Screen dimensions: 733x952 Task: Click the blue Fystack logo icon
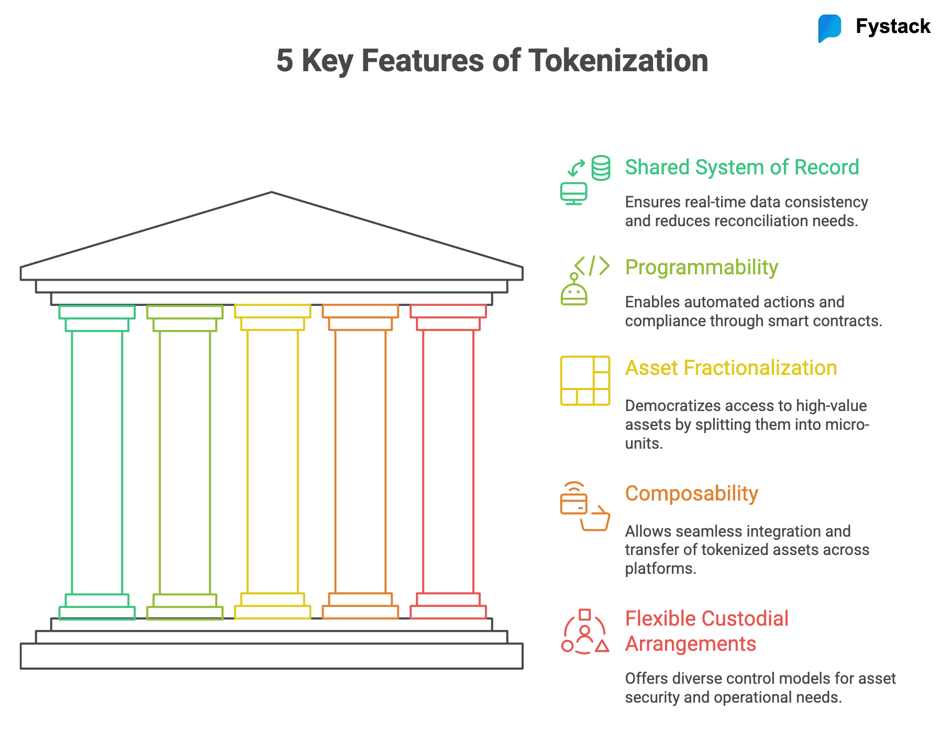pos(829,28)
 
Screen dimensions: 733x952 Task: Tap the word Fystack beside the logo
pos(893,26)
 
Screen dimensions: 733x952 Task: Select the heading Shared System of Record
pos(741,168)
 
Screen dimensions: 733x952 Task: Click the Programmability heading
pos(701,268)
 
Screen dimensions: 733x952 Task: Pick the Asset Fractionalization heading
pos(730,368)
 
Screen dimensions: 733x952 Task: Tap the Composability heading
pos(691,494)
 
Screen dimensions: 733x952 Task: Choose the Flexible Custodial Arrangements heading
pos(706,631)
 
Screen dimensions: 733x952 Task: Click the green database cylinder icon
pos(601,168)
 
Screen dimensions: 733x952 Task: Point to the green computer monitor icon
pos(574,193)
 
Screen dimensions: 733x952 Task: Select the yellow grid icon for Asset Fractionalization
pos(585,381)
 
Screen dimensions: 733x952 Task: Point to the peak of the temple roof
pos(272,193)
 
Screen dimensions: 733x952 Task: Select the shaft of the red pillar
pos(448,461)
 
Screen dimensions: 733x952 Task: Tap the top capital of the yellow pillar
pos(272,311)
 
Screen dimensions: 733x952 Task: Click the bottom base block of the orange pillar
pos(360,612)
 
